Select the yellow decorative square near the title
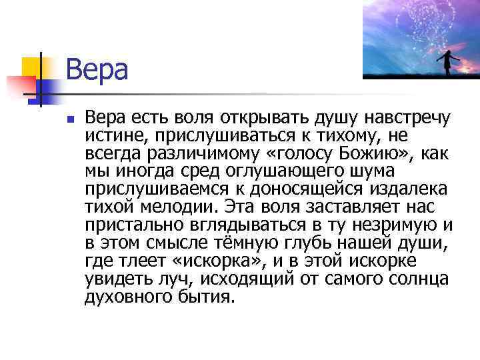(x=33, y=67)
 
